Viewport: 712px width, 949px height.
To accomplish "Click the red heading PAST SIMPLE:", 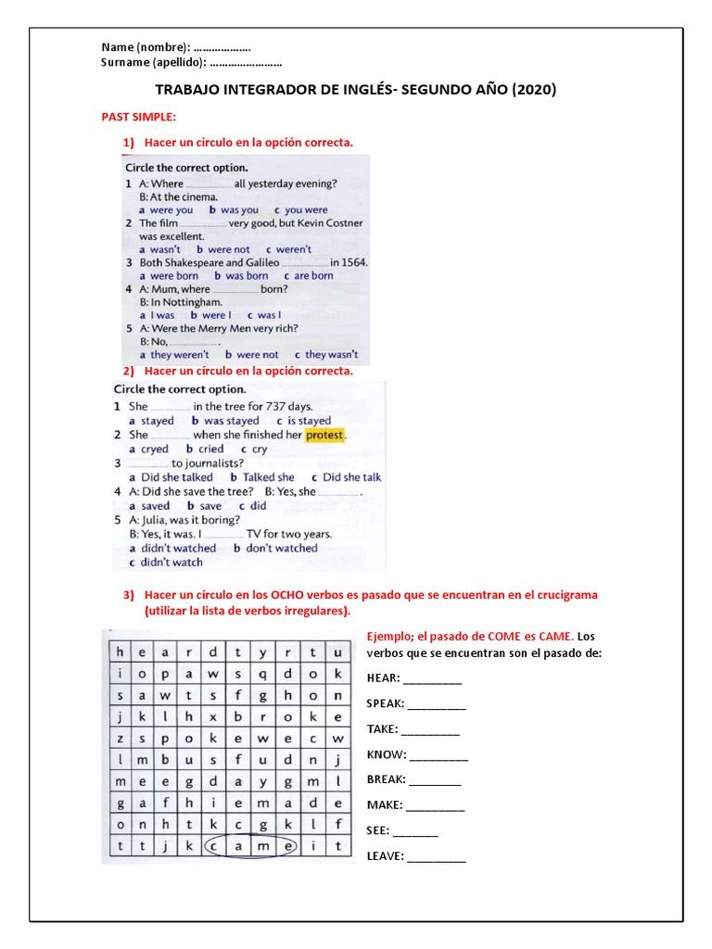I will click(138, 117).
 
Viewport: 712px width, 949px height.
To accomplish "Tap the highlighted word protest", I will click(324, 435).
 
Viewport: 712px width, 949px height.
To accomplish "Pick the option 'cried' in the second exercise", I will click(210, 449).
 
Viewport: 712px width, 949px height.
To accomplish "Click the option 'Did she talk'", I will click(351, 478).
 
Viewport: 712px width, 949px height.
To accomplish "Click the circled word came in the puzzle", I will click(250, 845).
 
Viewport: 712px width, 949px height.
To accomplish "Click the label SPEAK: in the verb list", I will click(386, 704).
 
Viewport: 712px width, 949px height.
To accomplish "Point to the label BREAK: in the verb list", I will click(386, 780).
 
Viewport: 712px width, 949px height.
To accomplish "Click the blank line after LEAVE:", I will click(437, 857).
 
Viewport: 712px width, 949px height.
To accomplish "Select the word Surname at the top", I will click(124, 62).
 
